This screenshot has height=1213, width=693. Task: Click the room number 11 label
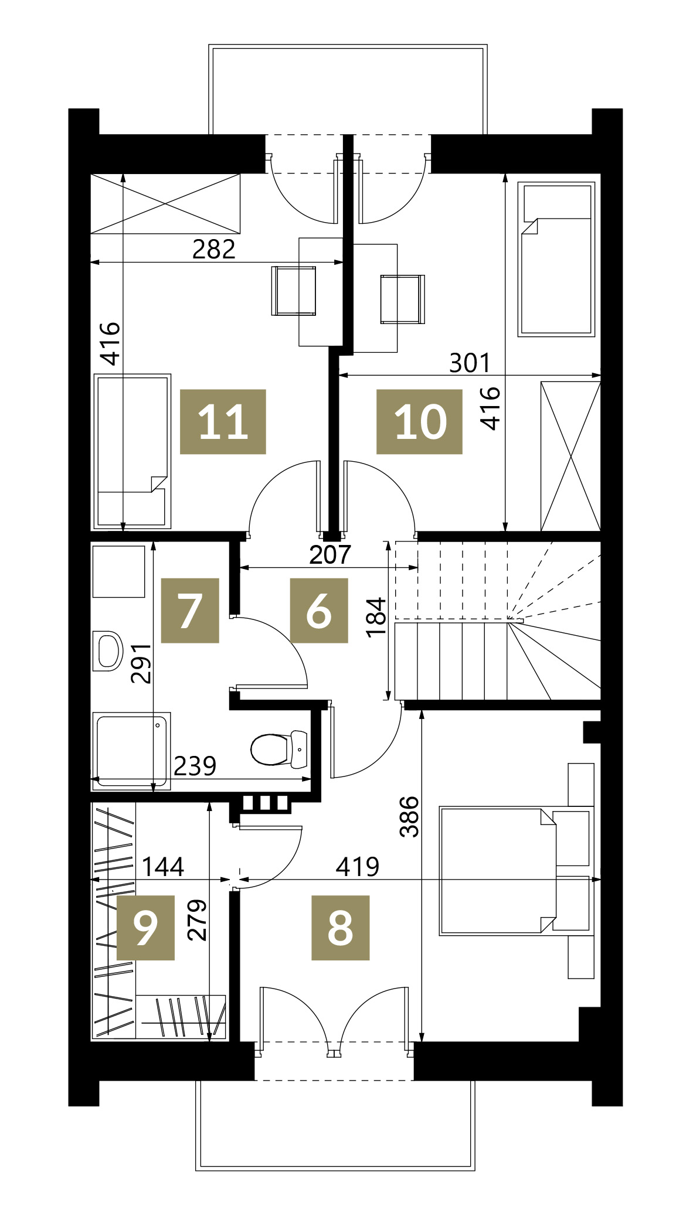point(223,421)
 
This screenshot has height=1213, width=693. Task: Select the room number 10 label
point(419,421)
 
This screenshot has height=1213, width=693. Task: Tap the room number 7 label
point(190,611)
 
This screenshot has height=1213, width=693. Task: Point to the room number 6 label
point(319,611)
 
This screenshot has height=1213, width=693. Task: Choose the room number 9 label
point(145,928)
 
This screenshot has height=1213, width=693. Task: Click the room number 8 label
point(340,928)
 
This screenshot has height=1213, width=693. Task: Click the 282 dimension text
point(214,250)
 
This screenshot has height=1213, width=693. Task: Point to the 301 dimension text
point(470,363)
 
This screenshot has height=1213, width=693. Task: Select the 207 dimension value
point(330,554)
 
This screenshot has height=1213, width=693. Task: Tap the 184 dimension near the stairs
point(376,617)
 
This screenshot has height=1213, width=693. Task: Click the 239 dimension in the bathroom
point(195,766)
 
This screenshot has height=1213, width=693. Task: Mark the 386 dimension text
point(409,816)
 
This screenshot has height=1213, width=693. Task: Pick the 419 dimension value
point(358,866)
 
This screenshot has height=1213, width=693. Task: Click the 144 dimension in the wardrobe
point(163,866)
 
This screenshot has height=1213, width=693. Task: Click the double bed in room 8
point(517,870)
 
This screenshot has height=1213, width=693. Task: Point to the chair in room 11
point(294,291)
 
